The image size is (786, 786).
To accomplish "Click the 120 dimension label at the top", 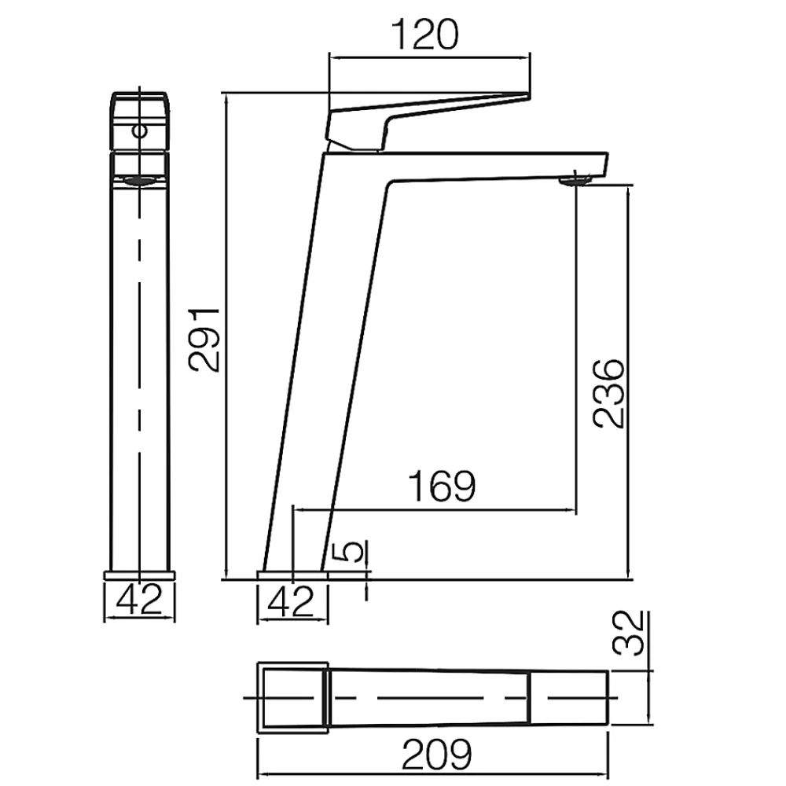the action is click(424, 35).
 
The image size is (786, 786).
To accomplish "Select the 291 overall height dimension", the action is click(204, 340).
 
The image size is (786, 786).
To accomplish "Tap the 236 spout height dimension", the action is click(608, 394).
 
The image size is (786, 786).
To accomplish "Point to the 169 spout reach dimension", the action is click(442, 486).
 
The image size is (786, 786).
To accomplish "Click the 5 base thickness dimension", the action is click(354, 552).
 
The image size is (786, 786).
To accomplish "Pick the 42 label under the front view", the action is click(139, 599).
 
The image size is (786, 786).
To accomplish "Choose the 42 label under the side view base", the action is click(291, 601).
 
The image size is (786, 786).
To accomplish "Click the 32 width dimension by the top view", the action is click(627, 633).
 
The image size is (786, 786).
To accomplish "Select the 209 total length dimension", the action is click(436, 754).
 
